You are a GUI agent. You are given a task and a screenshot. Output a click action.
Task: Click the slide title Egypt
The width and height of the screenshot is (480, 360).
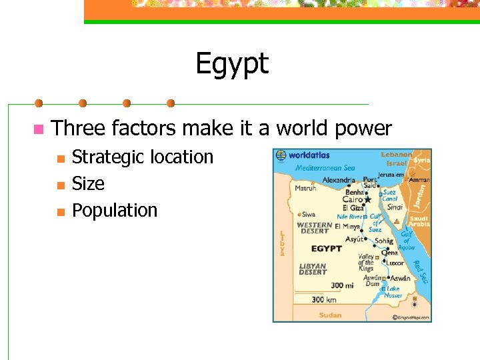coord(232,64)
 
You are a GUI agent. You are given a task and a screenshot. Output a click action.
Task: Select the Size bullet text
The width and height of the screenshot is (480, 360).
coord(88,183)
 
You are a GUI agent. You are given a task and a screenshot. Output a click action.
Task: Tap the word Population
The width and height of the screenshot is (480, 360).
coord(115,210)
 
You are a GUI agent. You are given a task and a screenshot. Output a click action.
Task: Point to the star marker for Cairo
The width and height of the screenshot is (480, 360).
coord(367,199)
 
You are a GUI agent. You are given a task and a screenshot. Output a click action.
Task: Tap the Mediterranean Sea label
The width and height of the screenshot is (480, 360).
coord(325,168)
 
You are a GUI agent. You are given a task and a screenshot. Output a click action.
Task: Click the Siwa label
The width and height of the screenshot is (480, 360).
coord(309,215)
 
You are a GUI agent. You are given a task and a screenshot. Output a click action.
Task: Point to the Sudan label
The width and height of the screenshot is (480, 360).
coord(330,315)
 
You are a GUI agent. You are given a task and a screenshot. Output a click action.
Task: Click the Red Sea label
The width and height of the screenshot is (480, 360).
coord(421,271)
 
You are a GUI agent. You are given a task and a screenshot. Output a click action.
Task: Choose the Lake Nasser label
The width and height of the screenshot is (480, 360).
coord(393,292)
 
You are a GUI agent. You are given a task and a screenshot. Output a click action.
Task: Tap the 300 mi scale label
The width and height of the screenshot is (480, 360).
coord(341,285)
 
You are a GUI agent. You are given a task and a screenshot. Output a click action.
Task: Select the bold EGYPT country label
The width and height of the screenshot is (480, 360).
coord(327,249)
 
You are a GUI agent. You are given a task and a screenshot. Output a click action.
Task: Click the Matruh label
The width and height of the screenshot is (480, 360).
coord(306,189)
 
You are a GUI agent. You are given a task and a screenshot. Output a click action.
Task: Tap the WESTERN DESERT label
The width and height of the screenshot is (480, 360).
coord(315,228)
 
